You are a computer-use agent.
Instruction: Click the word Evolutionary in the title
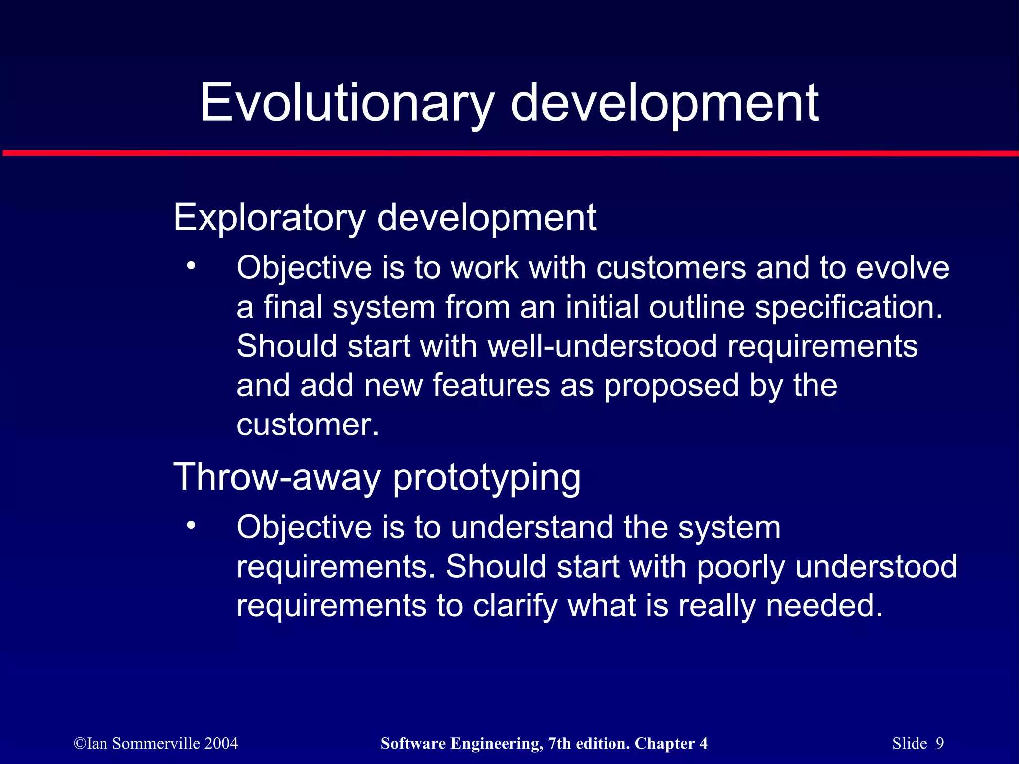[347, 103]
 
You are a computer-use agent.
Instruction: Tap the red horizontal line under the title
[509, 153]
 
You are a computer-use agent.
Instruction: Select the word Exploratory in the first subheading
[269, 218]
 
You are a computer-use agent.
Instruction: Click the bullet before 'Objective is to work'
[191, 267]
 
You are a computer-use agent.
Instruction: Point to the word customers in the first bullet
[671, 268]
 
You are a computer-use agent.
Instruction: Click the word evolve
[903, 268]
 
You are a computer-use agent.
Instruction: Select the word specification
[848, 308]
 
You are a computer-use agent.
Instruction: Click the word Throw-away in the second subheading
[277, 477]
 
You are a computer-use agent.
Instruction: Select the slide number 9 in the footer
[939, 743]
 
